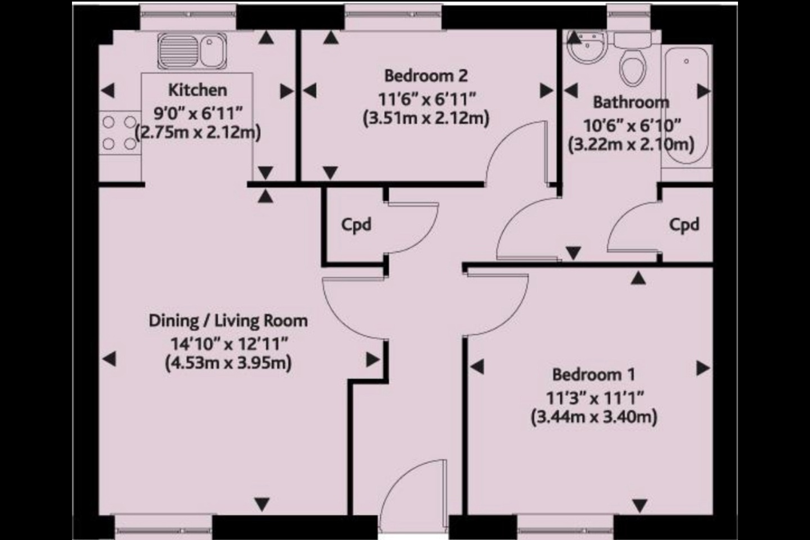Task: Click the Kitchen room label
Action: coord(198,91)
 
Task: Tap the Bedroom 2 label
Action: coord(426,76)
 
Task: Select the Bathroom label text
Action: coord(631,102)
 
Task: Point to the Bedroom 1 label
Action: coord(593,375)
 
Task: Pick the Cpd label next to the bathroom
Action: coord(684,226)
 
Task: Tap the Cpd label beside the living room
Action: coord(356,226)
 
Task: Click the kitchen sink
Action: coord(192,51)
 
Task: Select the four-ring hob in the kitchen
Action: coord(120,133)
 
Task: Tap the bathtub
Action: coord(686,106)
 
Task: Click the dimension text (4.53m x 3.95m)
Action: coord(228,363)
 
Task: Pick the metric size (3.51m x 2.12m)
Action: coord(426,118)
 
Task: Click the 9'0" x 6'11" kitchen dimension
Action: coord(198,114)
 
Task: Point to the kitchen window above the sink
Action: coord(188,15)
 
